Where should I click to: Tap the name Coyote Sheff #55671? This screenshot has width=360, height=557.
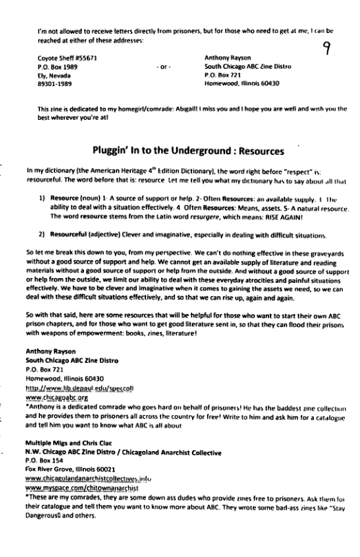[62, 58]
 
